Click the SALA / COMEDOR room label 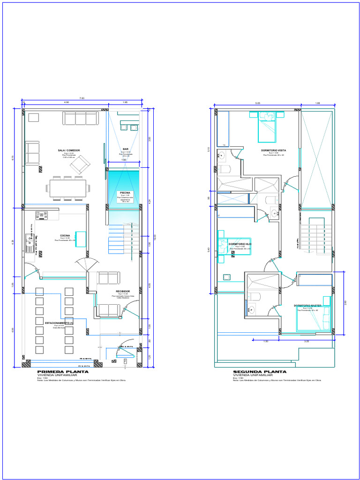click(x=69, y=150)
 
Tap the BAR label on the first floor click(x=126, y=149)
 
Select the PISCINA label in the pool click(x=125, y=193)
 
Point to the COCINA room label click(x=65, y=235)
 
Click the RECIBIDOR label click(x=123, y=291)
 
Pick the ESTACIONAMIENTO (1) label click(x=59, y=323)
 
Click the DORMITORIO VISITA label click(x=274, y=150)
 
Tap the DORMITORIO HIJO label click(x=240, y=244)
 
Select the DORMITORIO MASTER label click(x=307, y=306)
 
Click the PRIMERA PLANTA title click(x=57, y=372)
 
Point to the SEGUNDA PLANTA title click(x=253, y=372)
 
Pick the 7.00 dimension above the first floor click(x=82, y=98)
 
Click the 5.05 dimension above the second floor click(x=257, y=103)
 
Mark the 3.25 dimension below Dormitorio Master click(x=307, y=341)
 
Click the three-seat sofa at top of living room click(x=81, y=118)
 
